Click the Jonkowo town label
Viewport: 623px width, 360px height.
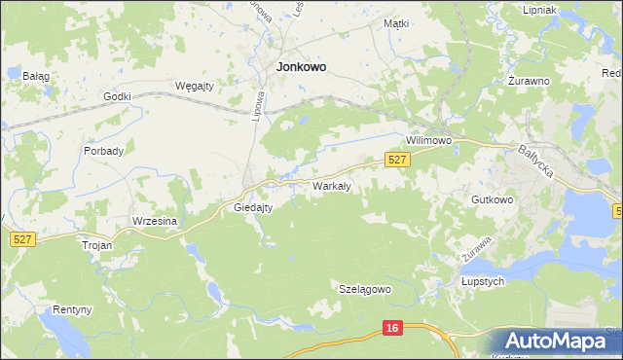302,67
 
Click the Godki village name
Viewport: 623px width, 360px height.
117,96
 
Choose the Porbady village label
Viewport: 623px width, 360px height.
103,151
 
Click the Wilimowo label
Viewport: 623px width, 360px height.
430,140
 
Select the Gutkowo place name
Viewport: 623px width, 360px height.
492,199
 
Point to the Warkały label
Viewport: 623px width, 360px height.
331,185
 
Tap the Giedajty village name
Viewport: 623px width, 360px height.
253,207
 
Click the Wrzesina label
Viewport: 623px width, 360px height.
155,221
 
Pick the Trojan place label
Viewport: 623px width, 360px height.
97,246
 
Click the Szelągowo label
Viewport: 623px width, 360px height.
365,289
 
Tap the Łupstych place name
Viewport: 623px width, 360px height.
482,281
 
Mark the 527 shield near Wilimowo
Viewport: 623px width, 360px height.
396,160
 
